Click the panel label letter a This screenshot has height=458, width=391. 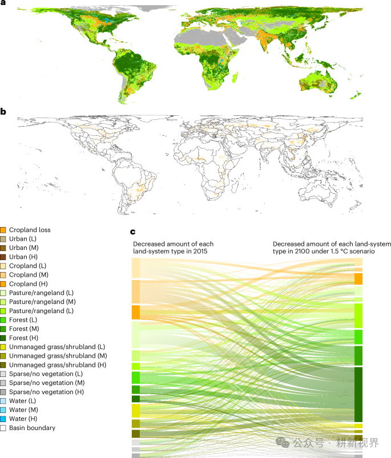click(3, 3)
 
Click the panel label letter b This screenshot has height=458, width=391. click(3, 112)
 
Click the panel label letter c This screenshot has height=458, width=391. click(134, 232)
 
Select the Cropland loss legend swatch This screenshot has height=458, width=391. click(3, 230)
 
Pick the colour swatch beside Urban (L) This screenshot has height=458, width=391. click(3, 239)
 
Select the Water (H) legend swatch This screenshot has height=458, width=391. click(3, 419)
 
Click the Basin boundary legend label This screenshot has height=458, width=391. click(33, 428)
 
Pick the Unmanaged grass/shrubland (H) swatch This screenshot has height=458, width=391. click(3, 364)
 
